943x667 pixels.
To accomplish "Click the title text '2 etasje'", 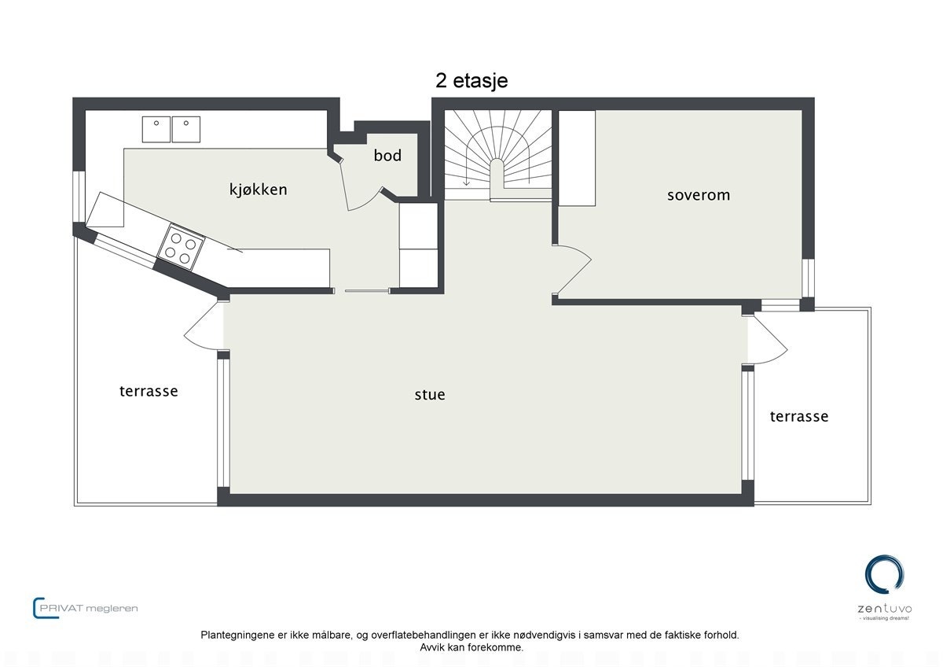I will (472, 81).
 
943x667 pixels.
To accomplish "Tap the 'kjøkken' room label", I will (258, 190).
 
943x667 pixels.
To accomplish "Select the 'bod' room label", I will (387, 156).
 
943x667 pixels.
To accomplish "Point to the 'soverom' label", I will (698, 195).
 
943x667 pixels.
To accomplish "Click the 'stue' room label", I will (430, 395).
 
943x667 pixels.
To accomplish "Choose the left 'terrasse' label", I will (149, 391).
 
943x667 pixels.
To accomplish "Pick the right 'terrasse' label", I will (798, 417).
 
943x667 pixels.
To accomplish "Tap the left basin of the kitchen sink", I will (156, 129).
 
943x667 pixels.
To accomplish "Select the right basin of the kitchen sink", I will (186, 129).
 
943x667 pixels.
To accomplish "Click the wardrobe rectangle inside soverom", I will (576, 157).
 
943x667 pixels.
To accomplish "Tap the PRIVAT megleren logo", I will (86, 608).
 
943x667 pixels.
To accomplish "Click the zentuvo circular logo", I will (884, 574).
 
